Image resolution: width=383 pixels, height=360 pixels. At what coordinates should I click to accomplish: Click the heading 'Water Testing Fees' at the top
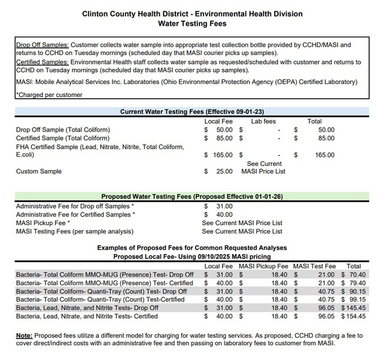coord(192,23)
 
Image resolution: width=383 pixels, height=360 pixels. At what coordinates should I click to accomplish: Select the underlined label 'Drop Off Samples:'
coord(42,44)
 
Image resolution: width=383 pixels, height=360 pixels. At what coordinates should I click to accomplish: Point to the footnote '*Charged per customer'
coord(50,95)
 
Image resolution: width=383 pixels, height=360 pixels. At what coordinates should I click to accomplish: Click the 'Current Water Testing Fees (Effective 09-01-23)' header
coord(192,111)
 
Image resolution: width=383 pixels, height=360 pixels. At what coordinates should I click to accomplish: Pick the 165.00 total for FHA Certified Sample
coord(325,155)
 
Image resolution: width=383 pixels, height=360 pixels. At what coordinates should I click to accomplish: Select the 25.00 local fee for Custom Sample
coord(224,171)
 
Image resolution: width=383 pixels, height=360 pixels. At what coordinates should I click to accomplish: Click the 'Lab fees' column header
coord(263,121)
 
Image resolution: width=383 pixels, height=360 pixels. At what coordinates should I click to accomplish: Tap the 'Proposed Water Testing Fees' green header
coord(192,196)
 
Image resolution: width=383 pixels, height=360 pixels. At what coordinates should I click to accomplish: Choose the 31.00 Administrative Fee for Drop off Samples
coord(224,206)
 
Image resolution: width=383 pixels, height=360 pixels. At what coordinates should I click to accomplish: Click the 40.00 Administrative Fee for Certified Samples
coord(224,214)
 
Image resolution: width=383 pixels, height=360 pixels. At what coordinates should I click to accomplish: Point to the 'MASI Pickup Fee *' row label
coord(43,223)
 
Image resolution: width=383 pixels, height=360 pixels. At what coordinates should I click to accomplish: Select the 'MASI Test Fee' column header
coord(314,266)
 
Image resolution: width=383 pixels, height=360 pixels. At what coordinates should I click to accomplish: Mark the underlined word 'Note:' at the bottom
coord(25,335)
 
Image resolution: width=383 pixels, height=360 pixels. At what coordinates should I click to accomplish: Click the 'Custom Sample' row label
coord(39,171)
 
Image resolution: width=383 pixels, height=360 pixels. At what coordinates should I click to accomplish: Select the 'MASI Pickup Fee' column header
coord(263,266)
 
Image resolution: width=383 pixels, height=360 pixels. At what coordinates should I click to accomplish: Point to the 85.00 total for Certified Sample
coord(326,138)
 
